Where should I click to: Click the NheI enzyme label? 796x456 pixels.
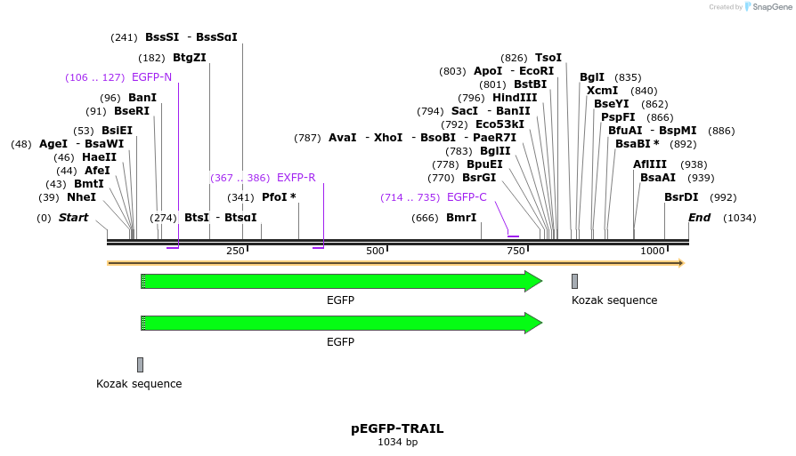coord(81,197)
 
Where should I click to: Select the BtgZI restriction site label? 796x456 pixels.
coord(190,58)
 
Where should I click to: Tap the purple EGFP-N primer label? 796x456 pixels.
coord(151,77)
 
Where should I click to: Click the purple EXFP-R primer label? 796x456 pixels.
coord(296,178)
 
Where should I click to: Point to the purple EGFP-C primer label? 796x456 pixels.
coord(467,197)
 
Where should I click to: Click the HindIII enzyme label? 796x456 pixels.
coord(515,98)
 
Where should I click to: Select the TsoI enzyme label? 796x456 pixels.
coord(548,58)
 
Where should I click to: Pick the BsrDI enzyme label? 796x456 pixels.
coord(681,197)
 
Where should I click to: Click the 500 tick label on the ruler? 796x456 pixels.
coord(375,252)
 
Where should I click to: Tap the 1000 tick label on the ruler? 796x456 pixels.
coord(653,252)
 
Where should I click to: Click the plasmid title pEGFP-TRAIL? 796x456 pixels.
coord(397,428)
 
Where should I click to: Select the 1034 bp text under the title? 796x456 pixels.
coord(397,442)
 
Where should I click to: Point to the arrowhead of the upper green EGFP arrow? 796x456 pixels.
coord(533,282)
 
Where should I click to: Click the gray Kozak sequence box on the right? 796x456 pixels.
coord(574,282)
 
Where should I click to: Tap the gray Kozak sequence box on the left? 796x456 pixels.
coord(140,364)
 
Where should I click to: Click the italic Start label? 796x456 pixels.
coord(74,218)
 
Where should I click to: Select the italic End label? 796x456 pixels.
coord(699,218)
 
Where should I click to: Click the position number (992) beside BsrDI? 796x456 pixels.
coord(724,197)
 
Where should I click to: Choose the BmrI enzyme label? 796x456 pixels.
coord(461,218)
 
